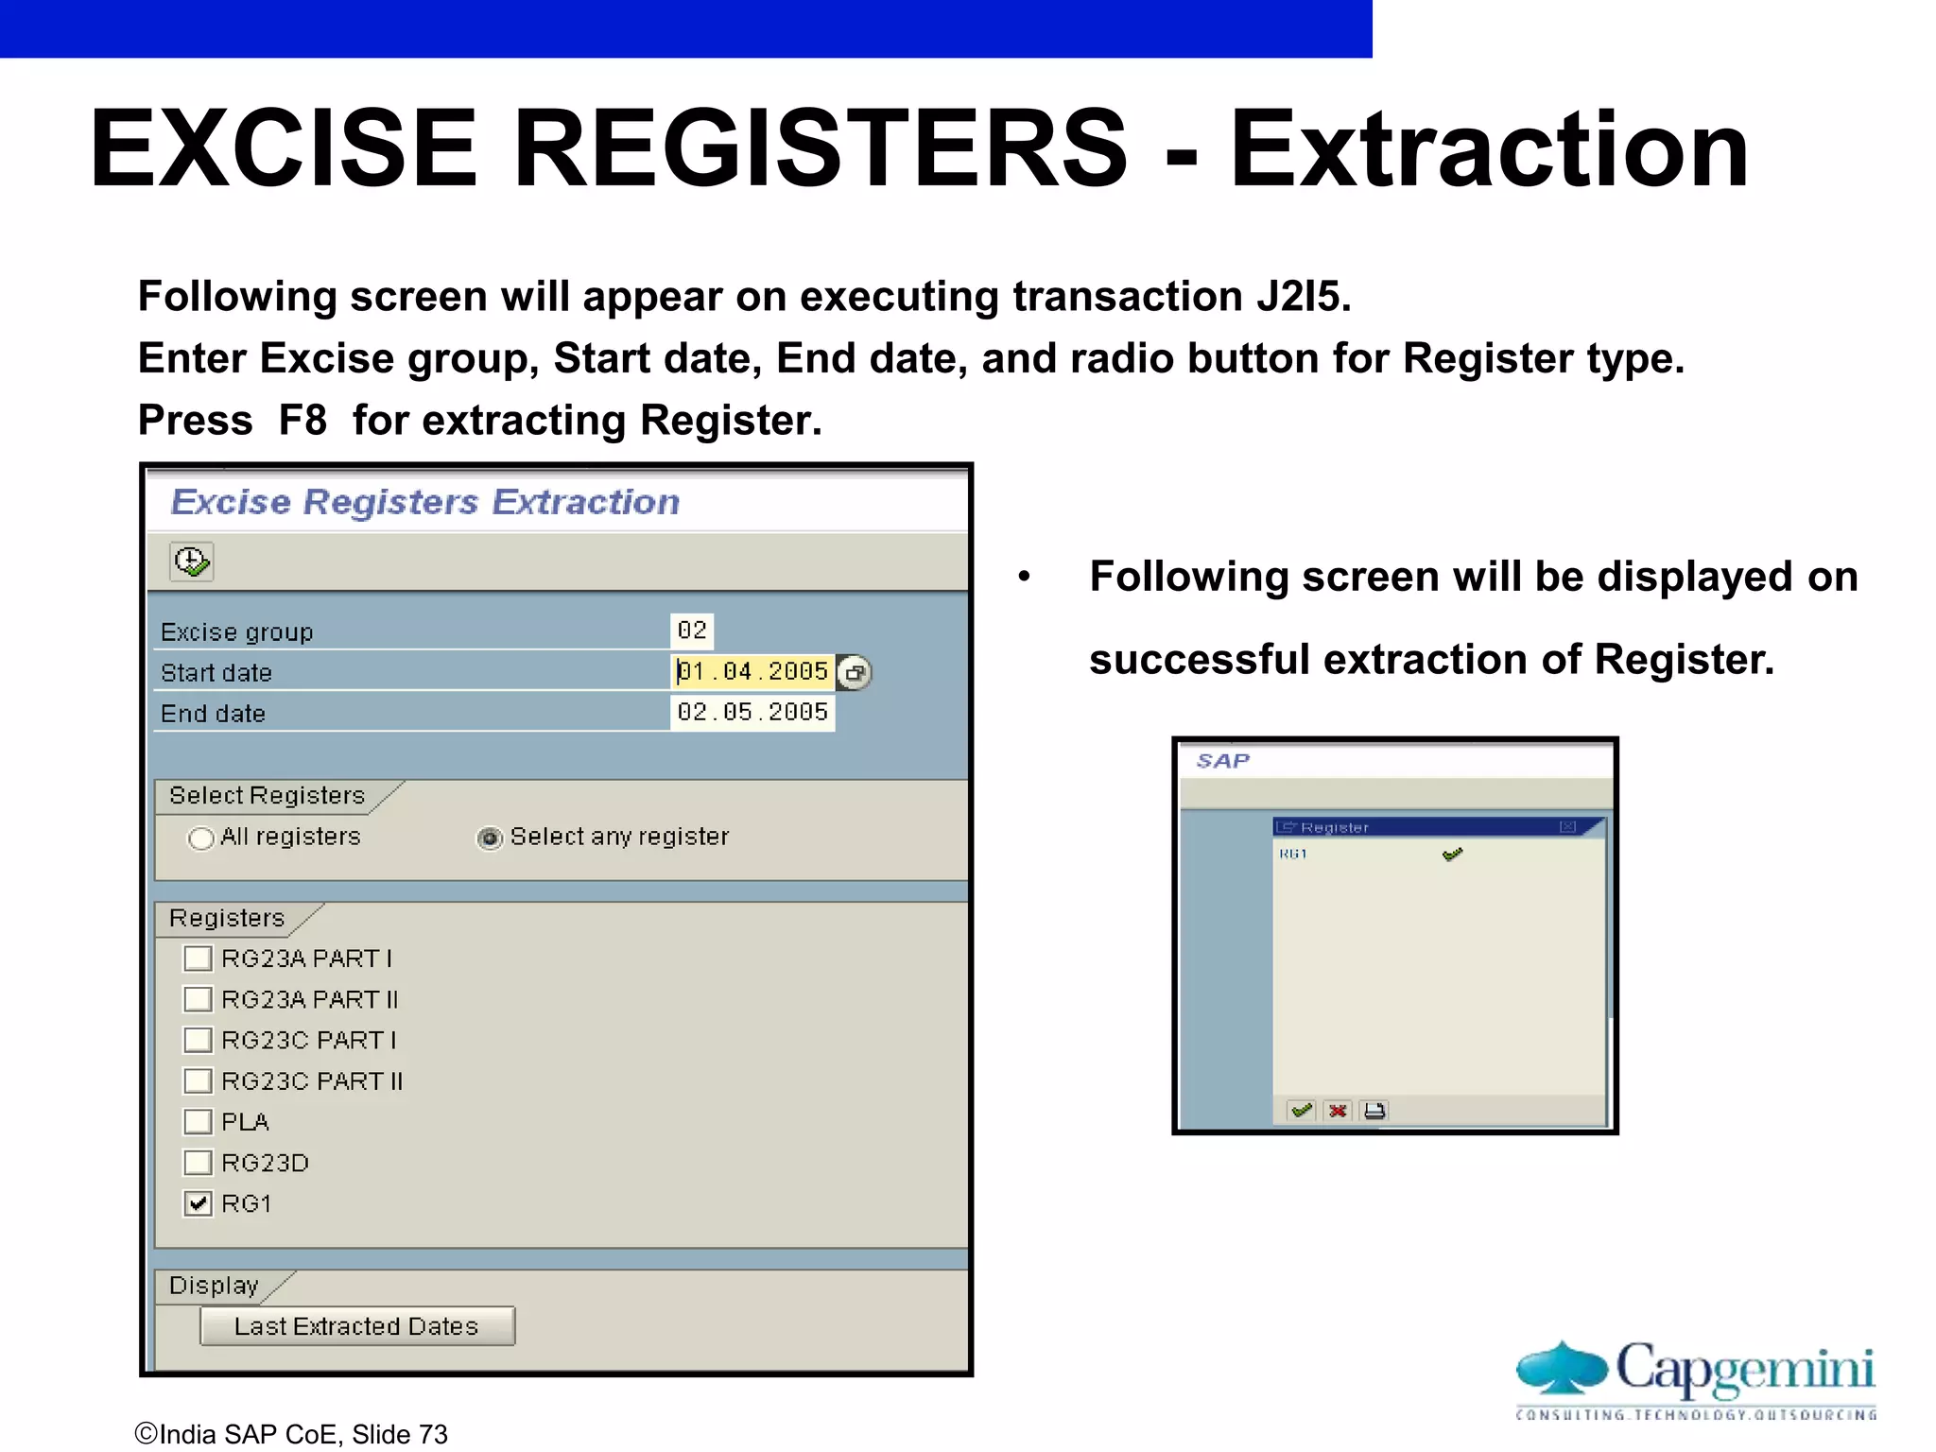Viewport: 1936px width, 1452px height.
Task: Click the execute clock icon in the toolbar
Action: (192, 562)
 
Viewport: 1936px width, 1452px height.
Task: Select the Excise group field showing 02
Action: (692, 631)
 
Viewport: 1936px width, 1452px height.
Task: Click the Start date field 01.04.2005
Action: (752, 671)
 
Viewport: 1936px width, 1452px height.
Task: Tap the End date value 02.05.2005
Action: (752, 712)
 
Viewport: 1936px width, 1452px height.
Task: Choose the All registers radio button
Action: (200, 838)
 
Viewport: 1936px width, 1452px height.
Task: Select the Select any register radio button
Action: (489, 838)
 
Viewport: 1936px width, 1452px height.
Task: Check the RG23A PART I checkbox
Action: (198, 959)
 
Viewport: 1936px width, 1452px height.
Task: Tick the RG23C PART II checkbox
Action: (198, 1080)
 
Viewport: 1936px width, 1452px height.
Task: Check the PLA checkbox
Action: (198, 1122)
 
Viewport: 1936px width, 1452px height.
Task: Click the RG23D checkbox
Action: (198, 1163)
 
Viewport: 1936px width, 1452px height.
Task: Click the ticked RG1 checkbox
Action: (198, 1203)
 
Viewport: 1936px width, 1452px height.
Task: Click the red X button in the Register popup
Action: (1338, 1111)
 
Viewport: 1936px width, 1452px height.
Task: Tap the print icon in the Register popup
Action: (1374, 1111)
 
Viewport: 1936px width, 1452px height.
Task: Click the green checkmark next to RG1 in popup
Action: (1452, 855)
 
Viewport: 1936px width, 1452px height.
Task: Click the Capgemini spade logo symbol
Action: (1562, 1368)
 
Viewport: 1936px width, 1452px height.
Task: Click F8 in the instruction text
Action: (302, 421)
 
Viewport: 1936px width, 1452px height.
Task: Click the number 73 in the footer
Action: (433, 1434)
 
